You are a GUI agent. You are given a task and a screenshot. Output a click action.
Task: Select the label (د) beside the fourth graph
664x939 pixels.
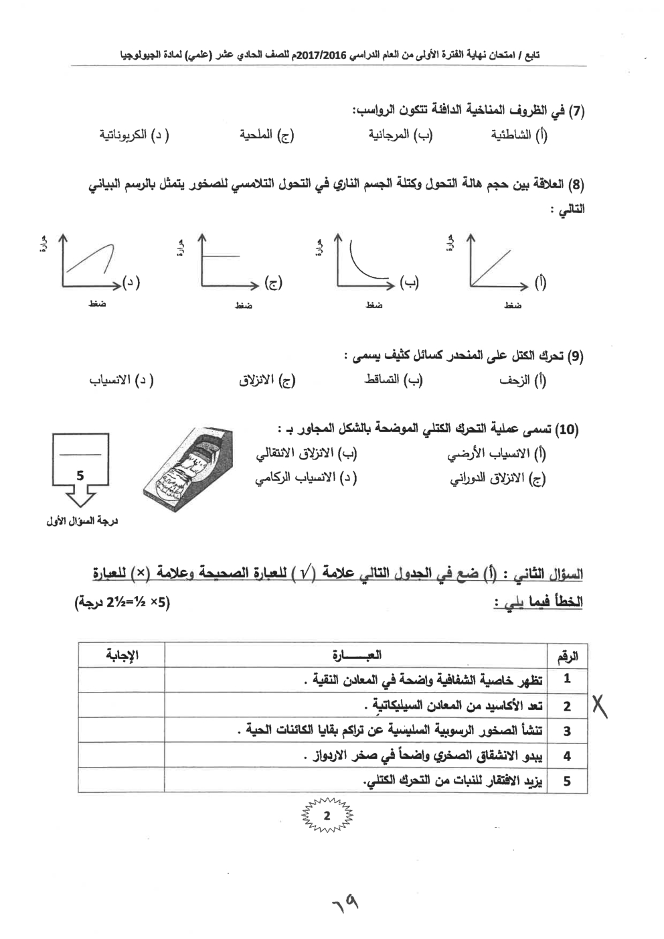131,283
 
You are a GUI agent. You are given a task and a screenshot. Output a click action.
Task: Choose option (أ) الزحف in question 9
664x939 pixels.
522,380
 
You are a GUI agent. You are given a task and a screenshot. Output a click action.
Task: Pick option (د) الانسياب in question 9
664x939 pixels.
121,380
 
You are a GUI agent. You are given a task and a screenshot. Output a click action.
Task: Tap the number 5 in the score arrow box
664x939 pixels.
80,476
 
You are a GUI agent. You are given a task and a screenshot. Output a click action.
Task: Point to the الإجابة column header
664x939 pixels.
122,655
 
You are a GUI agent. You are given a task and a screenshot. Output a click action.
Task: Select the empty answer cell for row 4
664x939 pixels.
122,755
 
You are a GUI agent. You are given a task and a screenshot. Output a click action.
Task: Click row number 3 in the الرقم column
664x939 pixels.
567,731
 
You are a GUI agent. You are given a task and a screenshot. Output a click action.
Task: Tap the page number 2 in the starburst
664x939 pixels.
327,816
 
